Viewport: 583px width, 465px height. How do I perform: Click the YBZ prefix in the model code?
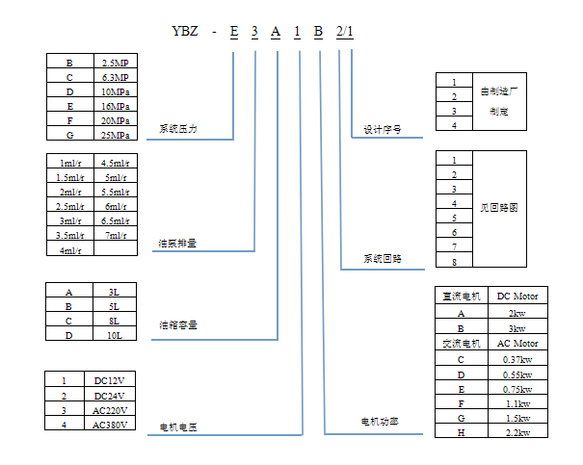185,33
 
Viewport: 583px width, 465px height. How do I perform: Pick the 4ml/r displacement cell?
68,250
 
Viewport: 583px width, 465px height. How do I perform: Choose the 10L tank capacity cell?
115,335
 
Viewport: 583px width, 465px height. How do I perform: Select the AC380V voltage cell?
115,425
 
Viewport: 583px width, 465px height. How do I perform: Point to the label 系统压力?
178,128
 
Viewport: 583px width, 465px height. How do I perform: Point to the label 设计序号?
383,128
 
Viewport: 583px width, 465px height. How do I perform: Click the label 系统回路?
383,258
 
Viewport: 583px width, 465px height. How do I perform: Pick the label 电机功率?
380,422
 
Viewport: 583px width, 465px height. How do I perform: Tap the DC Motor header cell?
517,296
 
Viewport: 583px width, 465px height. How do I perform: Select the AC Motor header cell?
517,344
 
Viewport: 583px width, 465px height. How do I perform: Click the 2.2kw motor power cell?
517,433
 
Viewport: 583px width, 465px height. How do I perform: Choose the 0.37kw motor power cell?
517,358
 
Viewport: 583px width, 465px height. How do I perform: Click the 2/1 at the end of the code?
344,33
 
